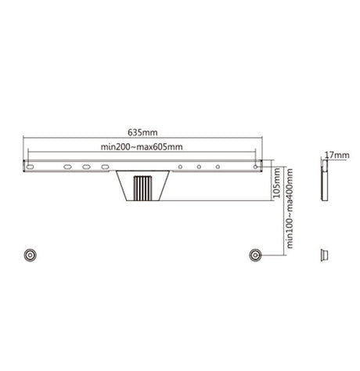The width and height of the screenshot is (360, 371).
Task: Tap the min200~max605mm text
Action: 142,146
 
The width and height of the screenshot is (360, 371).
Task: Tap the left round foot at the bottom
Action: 30,254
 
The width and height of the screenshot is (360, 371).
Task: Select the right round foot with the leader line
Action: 254,254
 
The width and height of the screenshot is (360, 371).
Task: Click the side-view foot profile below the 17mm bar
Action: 322,254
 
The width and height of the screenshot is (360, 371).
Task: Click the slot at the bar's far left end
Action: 29,166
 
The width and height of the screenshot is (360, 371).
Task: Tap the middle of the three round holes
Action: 199,166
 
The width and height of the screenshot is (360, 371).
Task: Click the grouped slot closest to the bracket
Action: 104,166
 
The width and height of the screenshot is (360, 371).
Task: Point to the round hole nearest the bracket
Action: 179,166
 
